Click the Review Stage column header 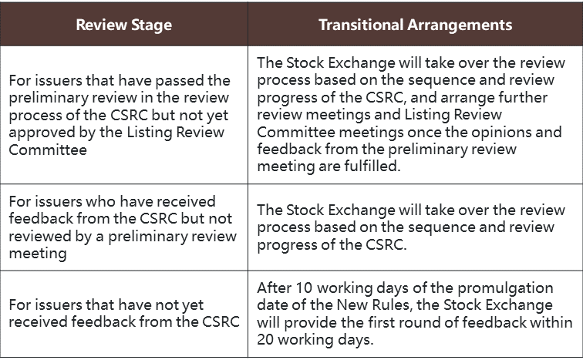(124, 25)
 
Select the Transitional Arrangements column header (416, 25)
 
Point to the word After (273, 288)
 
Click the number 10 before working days (304, 288)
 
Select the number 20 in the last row (265, 339)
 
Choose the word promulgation (505, 288)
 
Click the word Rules (391, 305)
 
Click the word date (271, 305)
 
